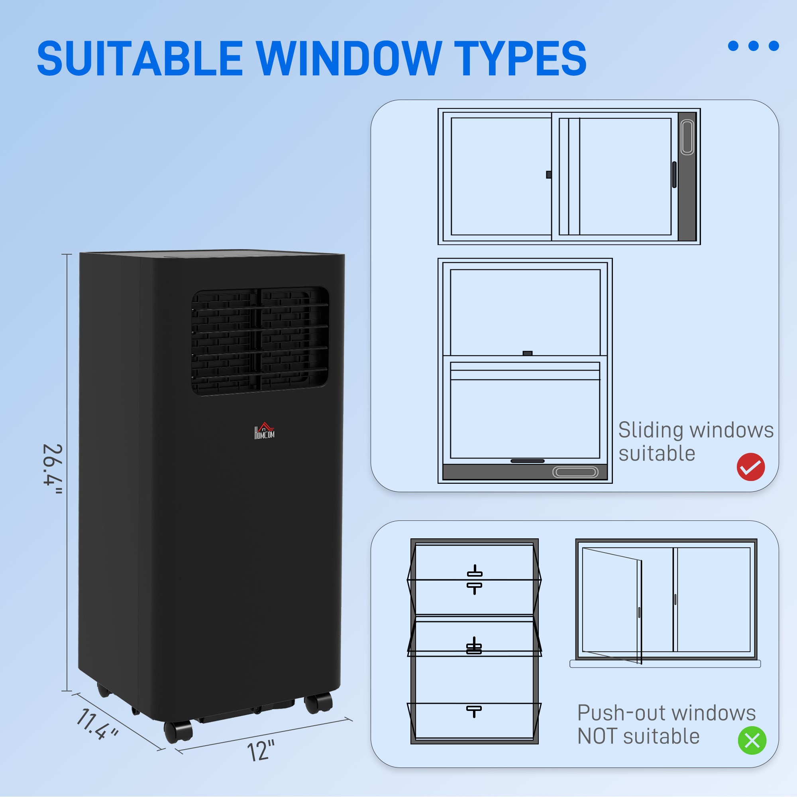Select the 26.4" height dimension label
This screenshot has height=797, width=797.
[53, 470]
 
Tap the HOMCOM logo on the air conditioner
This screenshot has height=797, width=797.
[264, 431]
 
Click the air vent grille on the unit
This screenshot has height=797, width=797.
[260, 342]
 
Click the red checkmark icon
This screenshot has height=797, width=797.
[751, 467]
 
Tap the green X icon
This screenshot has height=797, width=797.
[752, 740]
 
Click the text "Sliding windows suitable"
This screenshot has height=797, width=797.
[695, 442]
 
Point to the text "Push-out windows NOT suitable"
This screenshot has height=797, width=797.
[666, 724]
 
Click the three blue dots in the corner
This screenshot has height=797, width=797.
[753, 46]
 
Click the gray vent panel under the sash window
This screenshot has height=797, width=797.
[525, 471]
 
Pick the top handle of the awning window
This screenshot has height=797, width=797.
[474, 573]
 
